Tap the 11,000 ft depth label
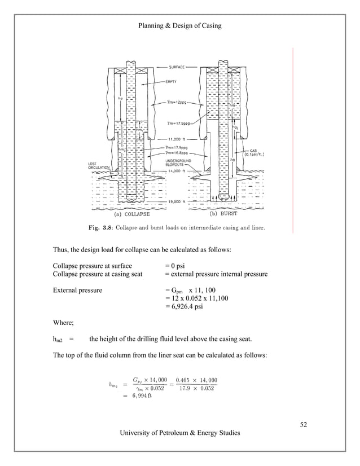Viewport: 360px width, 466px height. pos(179,138)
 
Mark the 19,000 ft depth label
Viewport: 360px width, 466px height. pos(179,201)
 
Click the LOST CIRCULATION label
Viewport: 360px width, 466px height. pos(97,166)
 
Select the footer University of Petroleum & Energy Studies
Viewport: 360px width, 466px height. pos(179,433)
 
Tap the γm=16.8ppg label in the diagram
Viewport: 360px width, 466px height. pos(182,152)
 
